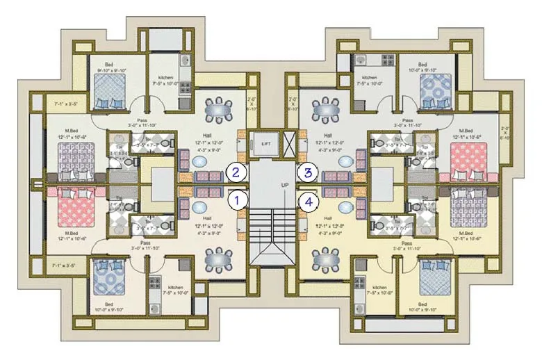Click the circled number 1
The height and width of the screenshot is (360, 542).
click(x=238, y=201)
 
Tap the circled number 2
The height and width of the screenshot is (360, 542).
click(x=238, y=172)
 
